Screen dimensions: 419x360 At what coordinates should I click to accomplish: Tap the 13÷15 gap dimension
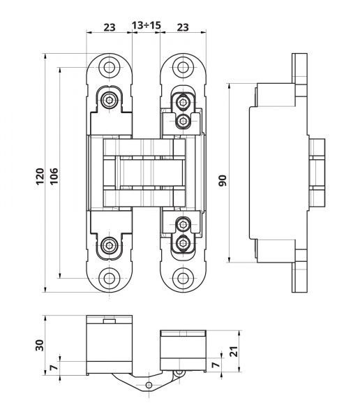(x=146, y=27)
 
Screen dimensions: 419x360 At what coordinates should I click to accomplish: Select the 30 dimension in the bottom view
(x=40, y=346)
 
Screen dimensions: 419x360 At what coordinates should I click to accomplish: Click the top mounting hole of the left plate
(x=110, y=68)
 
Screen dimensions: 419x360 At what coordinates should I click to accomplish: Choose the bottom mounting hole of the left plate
(x=110, y=277)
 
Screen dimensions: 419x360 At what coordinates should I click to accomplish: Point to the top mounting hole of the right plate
(x=183, y=68)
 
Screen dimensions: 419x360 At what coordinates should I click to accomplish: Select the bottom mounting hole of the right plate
(x=183, y=277)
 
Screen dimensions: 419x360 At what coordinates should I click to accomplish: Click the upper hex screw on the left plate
(x=110, y=101)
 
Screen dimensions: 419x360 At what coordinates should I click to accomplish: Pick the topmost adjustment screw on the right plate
(x=183, y=102)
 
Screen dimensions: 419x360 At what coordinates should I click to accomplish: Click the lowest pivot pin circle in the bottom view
(x=149, y=385)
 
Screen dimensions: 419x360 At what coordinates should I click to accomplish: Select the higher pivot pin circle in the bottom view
(x=179, y=374)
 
